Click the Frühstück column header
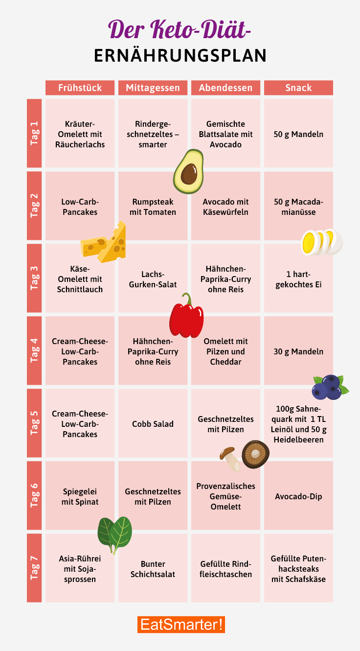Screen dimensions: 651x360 [80, 88]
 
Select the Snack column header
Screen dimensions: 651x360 [298, 88]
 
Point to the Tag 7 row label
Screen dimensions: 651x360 [34, 568]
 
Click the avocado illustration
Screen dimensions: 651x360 [188, 171]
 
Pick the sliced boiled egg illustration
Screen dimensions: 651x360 [321, 242]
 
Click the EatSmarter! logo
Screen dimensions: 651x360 [181, 625]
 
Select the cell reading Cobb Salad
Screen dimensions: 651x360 [153, 424]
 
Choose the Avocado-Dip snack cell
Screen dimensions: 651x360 [298, 496]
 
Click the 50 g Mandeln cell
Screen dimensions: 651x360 [298, 134]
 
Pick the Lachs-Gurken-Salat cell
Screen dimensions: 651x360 [153, 279]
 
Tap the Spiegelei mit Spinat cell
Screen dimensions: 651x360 [80, 496]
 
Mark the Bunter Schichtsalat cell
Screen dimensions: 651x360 [153, 569]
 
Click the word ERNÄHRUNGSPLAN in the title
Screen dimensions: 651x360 [180, 55]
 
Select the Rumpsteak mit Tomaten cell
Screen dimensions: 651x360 [153, 207]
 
